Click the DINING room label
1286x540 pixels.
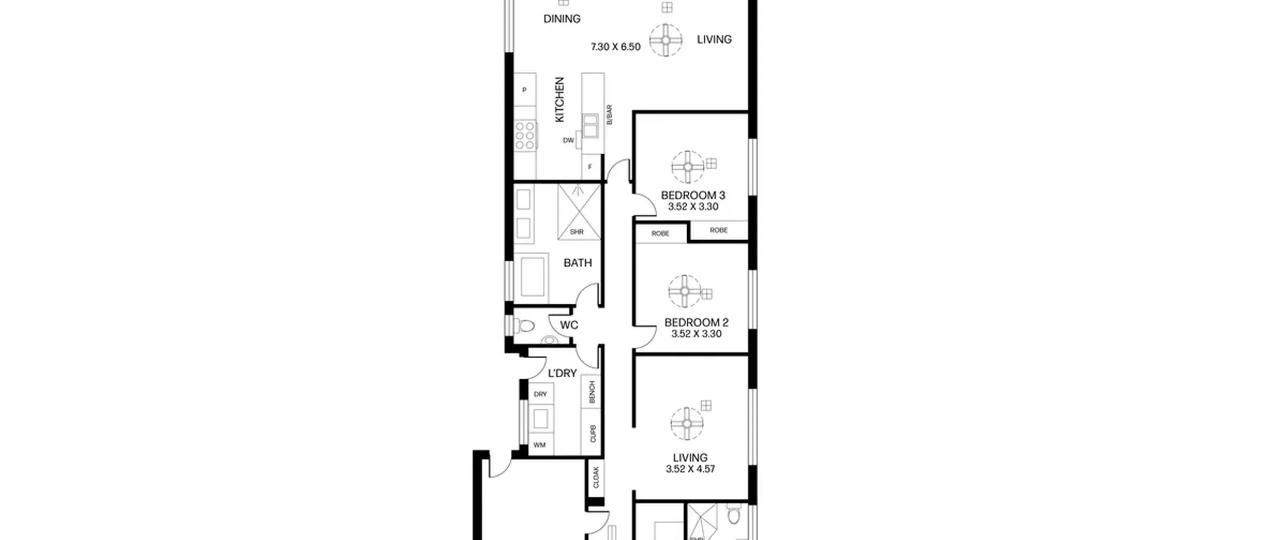pos(562,19)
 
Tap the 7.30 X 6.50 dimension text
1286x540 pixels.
pos(615,47)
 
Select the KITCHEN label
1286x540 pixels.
pos(560,99)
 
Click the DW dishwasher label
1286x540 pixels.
pos(568,141)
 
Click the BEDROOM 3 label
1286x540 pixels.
pos(693,195)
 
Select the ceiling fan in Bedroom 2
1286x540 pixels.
pos(685,291)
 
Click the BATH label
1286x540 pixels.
pos(578,263)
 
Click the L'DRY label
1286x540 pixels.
pos(562,373)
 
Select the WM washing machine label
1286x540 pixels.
pos(540,445)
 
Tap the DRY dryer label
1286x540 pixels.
pos(541,394)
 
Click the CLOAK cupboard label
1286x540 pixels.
pos(596,478)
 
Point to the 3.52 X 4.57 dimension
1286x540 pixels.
pos(690,469)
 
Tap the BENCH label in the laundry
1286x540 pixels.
pos(592,392)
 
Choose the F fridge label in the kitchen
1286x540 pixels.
pos(590,167)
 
